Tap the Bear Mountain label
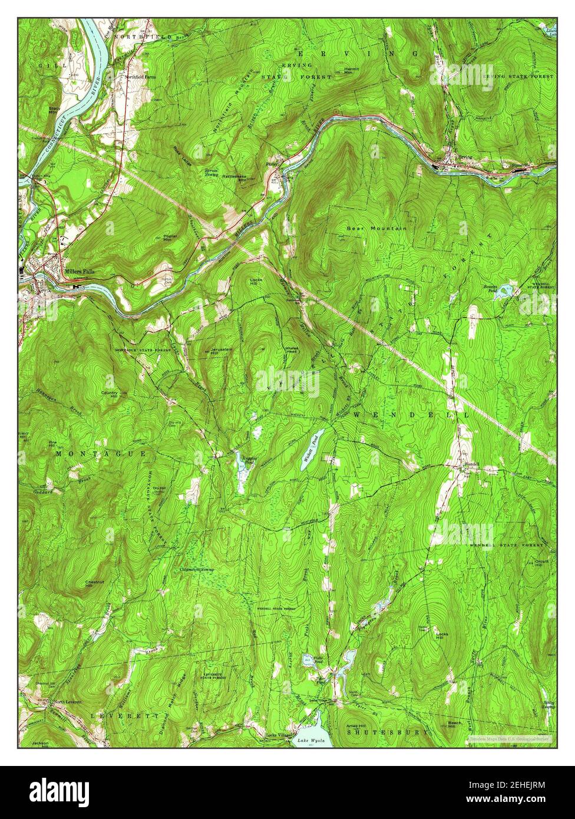click(376, 228)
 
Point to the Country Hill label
click(110, 394)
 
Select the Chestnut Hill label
click(91, 583)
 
